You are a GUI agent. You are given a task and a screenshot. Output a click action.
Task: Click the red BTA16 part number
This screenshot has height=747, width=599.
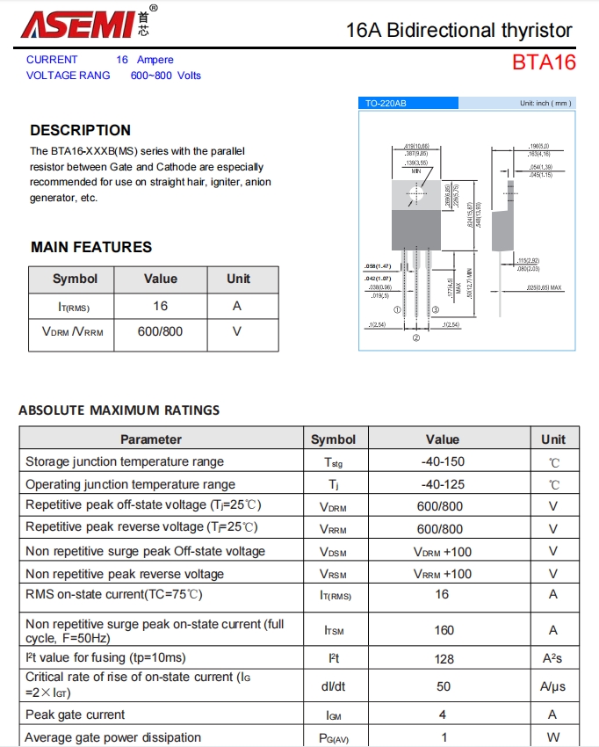tap(545, 62)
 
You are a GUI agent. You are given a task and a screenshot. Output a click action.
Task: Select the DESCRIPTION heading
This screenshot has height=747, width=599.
tap(80, 130)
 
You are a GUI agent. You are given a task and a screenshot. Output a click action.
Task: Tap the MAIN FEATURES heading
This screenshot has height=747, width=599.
tap(91, 247)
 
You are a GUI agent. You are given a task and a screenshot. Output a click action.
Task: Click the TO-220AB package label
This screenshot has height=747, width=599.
tap(386, 104)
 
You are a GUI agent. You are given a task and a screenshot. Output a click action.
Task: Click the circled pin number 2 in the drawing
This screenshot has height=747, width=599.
tap(416, 337)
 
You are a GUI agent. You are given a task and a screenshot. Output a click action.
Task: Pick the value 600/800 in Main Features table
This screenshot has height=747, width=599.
tap(160, 332)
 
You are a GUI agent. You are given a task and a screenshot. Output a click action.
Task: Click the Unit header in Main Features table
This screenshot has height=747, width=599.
tap(239, 279)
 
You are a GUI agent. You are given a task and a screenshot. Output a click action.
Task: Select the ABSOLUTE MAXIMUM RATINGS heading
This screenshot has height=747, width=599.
tap(119, 410)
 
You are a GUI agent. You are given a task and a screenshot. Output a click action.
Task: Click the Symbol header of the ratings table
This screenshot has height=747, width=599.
tap(334, 439)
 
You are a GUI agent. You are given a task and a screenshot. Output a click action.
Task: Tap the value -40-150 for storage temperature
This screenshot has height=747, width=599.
tap(443, 461)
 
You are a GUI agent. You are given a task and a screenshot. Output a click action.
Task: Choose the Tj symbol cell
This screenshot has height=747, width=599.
tap(334, 484)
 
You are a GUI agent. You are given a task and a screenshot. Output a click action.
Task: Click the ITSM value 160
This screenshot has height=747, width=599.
tap(444, 630)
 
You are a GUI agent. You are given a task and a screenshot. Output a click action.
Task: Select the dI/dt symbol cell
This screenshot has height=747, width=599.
tap(334, 685)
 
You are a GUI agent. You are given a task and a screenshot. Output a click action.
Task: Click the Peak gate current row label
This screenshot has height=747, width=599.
tap(76, 714)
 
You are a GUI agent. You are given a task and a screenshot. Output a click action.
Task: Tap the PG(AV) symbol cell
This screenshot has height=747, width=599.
tap(334, 738)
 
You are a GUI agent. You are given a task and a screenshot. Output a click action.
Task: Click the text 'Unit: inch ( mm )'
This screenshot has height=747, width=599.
tap(545, 104)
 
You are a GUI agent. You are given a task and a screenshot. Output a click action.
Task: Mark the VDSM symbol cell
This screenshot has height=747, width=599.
tap(334, 552)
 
